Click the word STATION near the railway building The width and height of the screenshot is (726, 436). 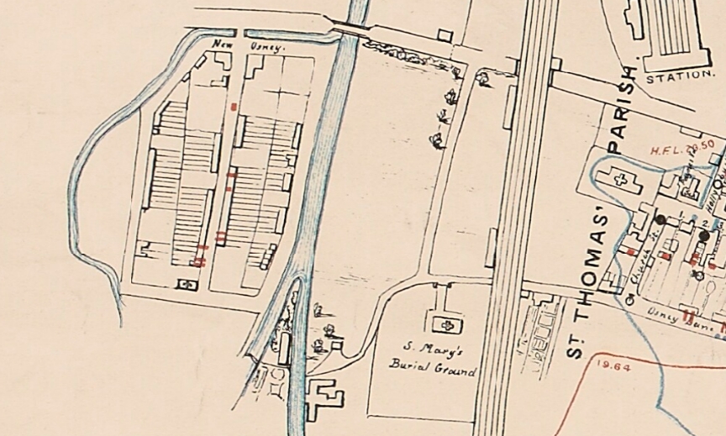[x=680, y=76]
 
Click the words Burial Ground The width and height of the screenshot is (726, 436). [x=432, y=368]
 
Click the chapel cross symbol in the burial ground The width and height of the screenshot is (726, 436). [x=443, y=323]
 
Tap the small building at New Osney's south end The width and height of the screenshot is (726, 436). [x=187, y=285]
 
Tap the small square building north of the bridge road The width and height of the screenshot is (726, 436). [x=445, y=35]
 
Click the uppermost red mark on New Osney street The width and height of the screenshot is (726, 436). [x=234, y=107]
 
